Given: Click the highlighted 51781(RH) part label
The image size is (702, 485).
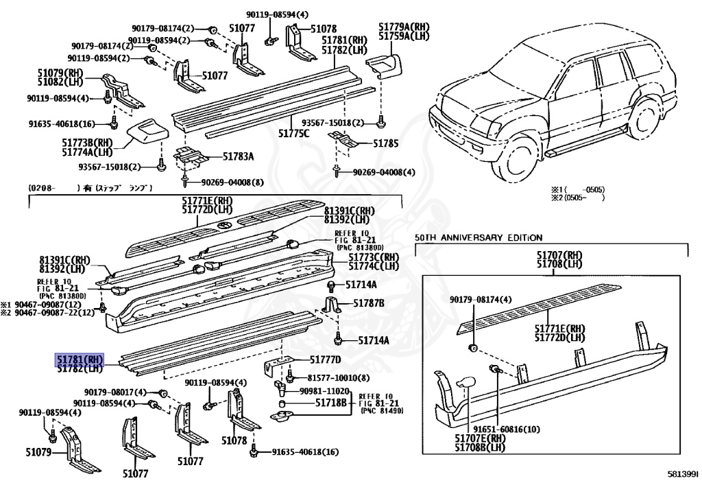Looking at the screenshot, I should [x=79, y=358].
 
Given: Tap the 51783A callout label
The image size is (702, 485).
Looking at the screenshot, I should [x=238, y=156].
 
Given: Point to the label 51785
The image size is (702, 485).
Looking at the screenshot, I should [x=385, y=144].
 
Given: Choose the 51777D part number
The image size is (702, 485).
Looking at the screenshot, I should [x=325, y=359].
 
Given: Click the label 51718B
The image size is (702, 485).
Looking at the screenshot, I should [x=330, y=403].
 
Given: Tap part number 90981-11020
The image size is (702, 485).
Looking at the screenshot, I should [x=325, y=390].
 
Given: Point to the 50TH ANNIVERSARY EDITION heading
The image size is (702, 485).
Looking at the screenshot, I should [x=479, y=237].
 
